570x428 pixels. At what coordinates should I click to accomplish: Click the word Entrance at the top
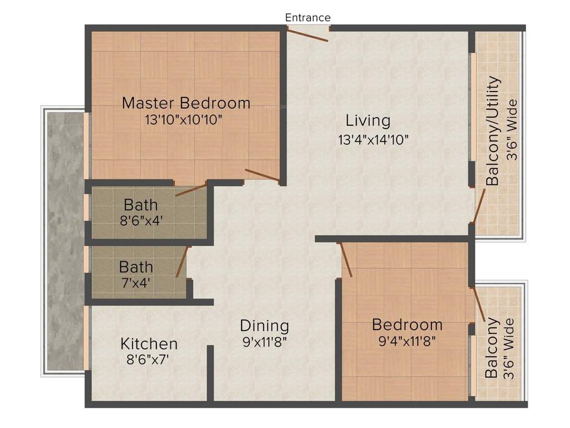(x=308, y=17)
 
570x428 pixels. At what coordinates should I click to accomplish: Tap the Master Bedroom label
(x=186, y=103)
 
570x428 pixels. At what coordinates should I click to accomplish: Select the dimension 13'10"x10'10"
(x=184, y=119)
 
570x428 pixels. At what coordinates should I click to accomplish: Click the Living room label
(x=368, y=120)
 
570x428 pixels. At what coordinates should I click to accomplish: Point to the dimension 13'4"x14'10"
(x=374, y=139)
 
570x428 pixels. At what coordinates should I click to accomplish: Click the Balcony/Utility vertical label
(x=493, y=132)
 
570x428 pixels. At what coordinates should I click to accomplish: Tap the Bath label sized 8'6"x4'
(x=140, y=205)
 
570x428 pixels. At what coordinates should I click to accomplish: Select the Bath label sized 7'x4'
(x=136, y=266)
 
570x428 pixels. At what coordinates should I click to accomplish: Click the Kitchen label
(x=149, y=343)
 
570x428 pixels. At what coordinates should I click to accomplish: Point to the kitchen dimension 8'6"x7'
(x=148, y=359)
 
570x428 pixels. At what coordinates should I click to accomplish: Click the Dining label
(x=264, y=325)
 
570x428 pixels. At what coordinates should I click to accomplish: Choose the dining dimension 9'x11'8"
(x=264, y=341)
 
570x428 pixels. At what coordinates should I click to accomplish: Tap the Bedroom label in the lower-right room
(x=407, y=324)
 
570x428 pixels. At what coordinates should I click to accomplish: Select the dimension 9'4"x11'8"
(x=406, y=341)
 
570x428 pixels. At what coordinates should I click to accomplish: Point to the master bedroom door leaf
(x=262, y=175)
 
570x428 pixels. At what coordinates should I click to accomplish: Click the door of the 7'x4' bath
(x=182, y=262)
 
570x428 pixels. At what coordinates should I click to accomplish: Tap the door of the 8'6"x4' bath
(x=191, y=188)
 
